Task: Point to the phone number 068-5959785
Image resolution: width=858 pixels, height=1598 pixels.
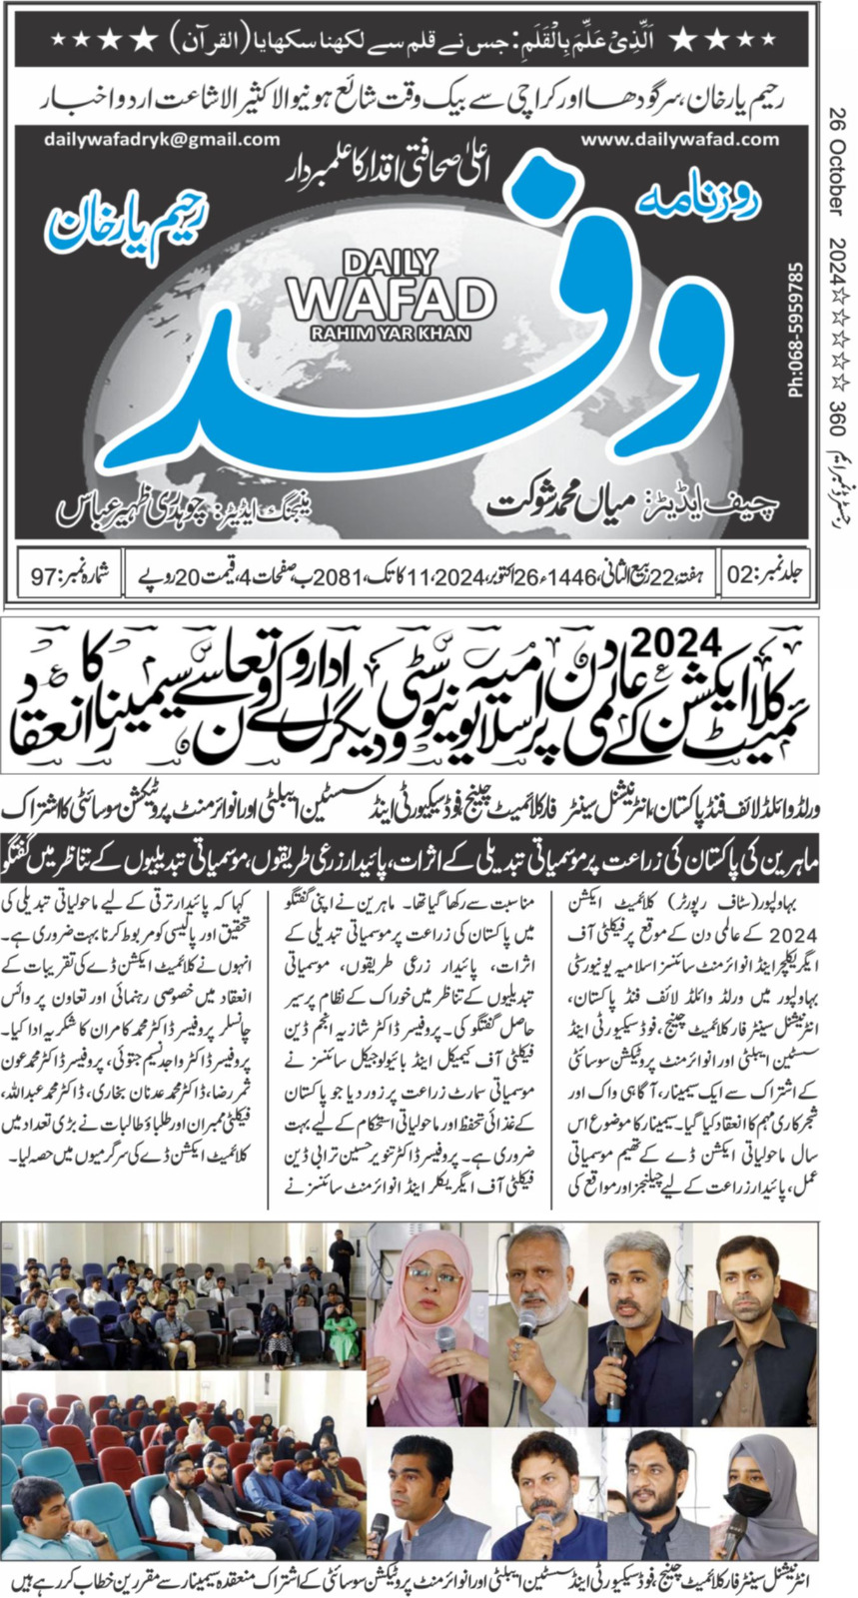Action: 796,331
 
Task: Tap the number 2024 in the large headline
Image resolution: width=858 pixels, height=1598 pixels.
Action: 662,637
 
